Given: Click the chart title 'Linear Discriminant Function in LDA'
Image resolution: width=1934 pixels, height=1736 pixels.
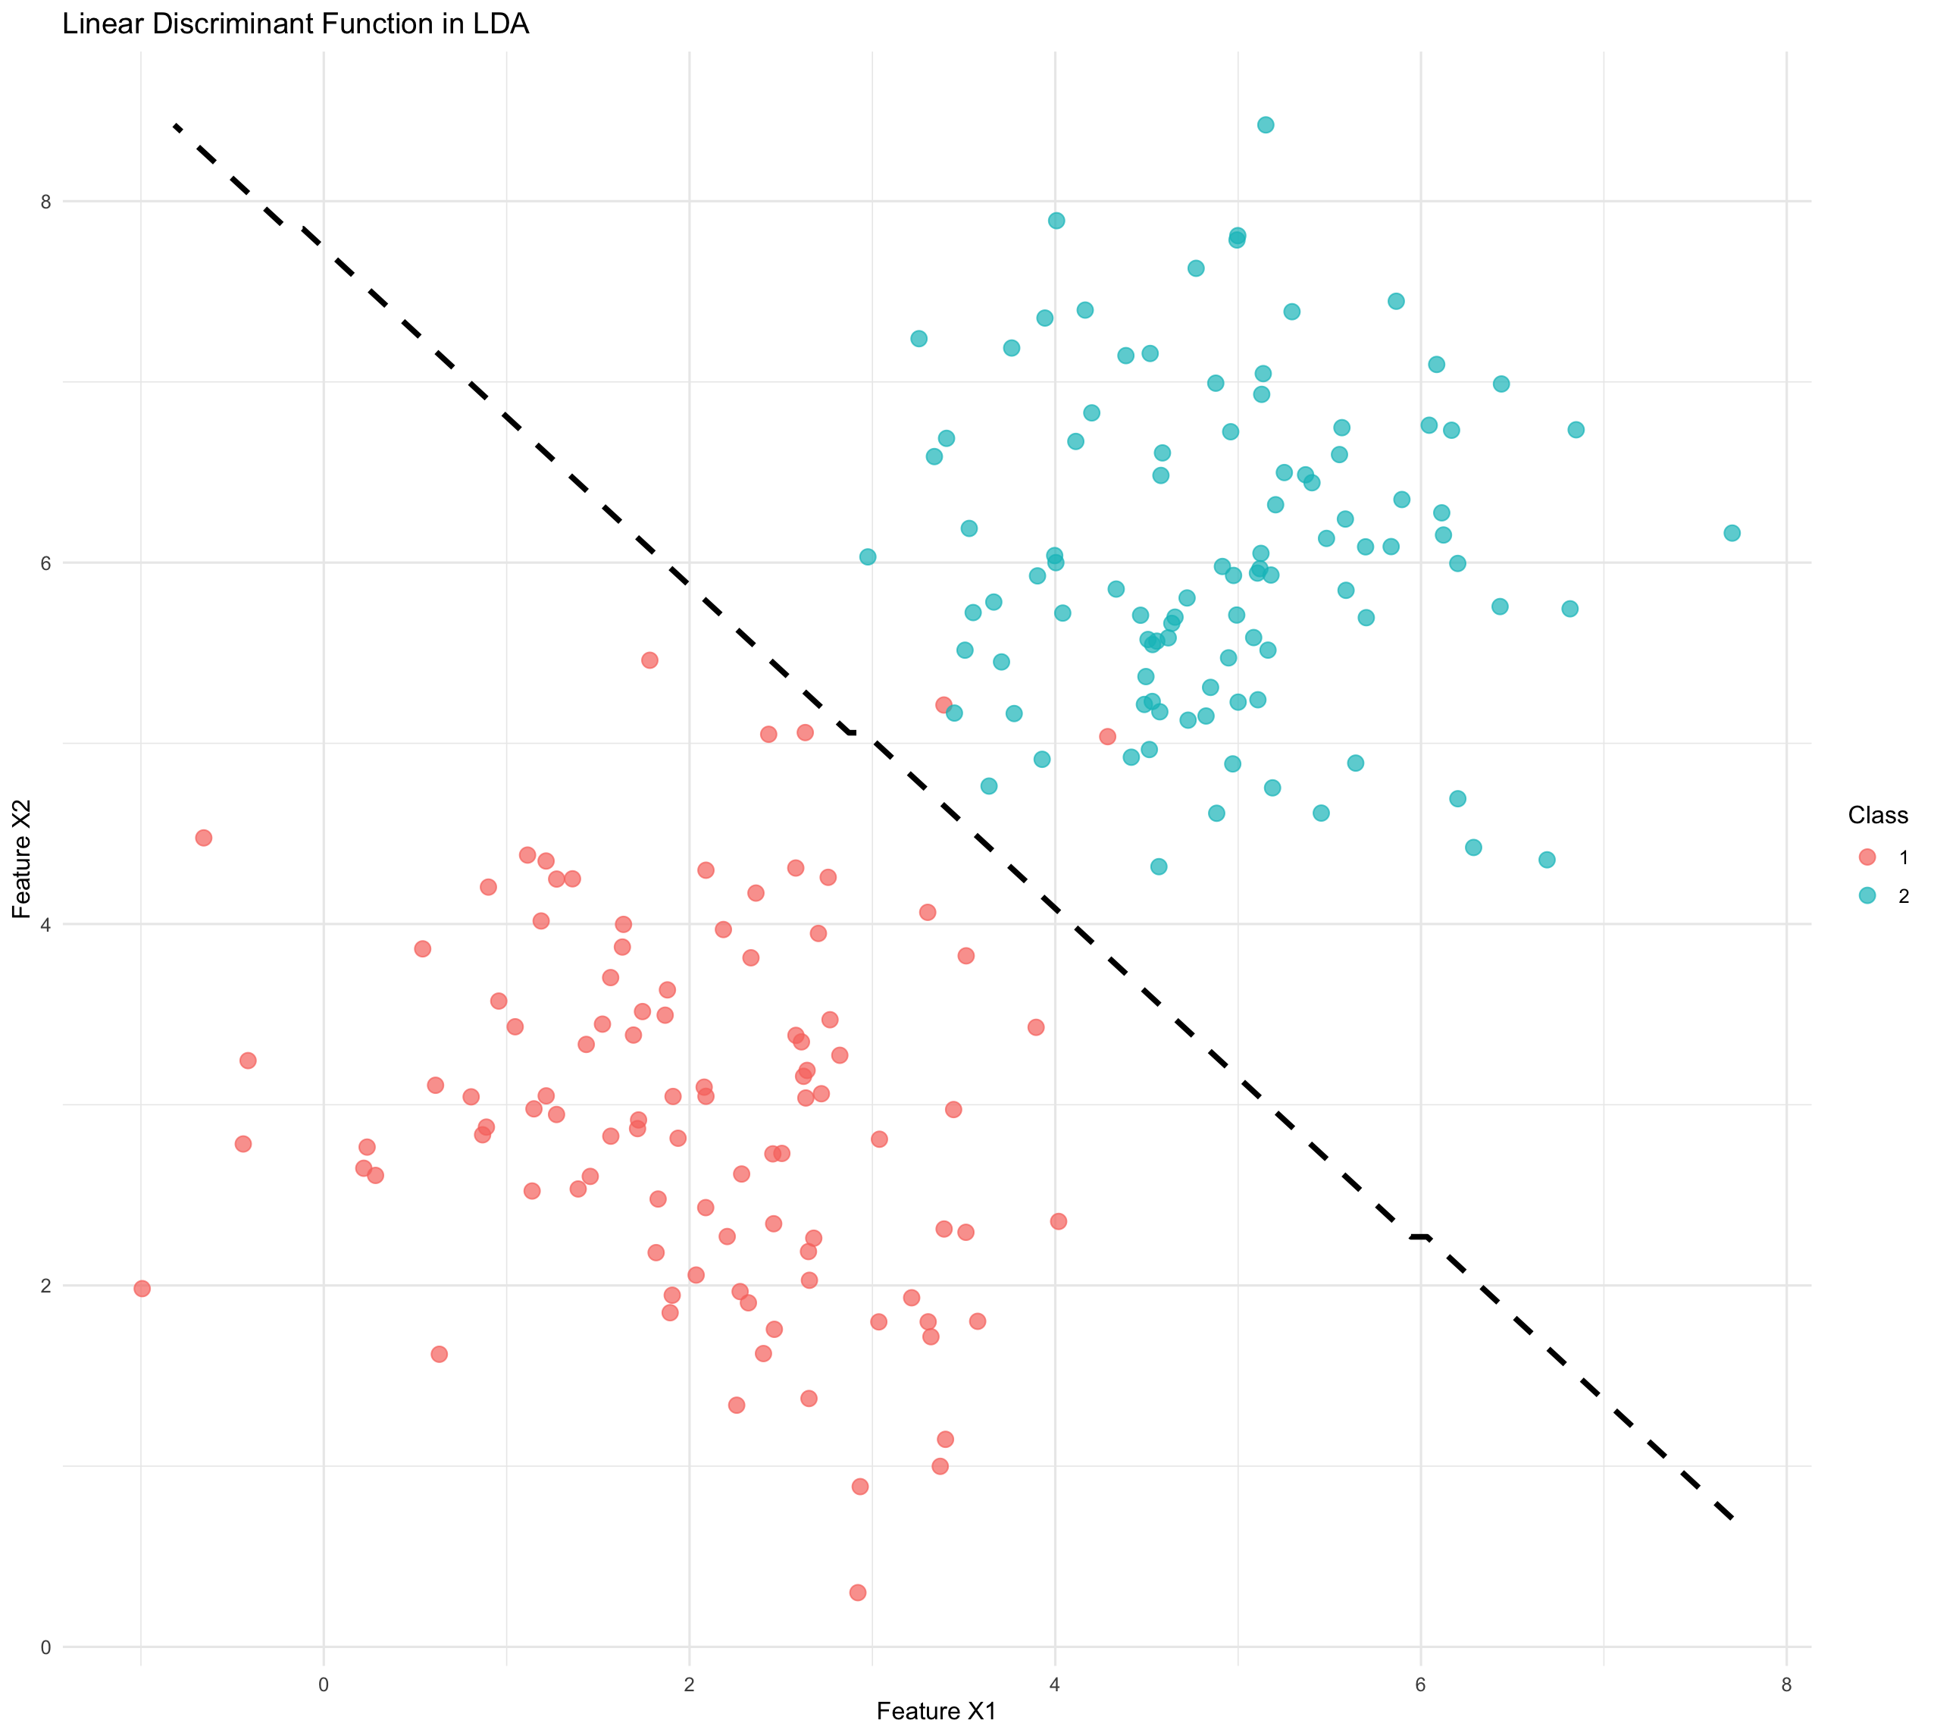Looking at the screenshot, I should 296,24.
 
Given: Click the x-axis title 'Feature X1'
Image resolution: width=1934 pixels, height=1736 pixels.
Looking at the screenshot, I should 937,1711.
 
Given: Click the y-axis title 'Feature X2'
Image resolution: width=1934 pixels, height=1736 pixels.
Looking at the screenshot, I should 22,858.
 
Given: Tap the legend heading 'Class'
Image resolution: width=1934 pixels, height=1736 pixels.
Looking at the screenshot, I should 1876,816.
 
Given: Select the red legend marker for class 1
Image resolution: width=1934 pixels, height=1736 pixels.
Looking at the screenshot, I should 1867,857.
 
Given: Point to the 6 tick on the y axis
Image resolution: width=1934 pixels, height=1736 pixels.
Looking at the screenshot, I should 44,562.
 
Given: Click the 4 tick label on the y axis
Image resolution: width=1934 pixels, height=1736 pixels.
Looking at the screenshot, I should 44,924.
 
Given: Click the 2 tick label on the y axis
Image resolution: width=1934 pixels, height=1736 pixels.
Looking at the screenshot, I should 44,1285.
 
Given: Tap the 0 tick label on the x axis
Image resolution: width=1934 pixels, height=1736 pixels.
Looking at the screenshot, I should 324,1685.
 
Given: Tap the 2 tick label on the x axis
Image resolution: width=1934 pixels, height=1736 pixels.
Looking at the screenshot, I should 690,1685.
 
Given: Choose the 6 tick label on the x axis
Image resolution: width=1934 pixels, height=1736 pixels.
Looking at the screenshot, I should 1420,1685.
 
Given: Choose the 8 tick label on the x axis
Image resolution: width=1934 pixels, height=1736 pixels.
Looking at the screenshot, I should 1786,1685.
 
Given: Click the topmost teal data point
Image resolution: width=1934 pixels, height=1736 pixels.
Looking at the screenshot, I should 1266,125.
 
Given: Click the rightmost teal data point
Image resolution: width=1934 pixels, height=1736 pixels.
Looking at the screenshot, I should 1732,533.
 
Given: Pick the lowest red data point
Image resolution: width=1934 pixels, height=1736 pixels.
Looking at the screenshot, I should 857,1593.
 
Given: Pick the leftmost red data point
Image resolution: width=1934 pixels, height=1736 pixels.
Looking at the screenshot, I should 142,1289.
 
